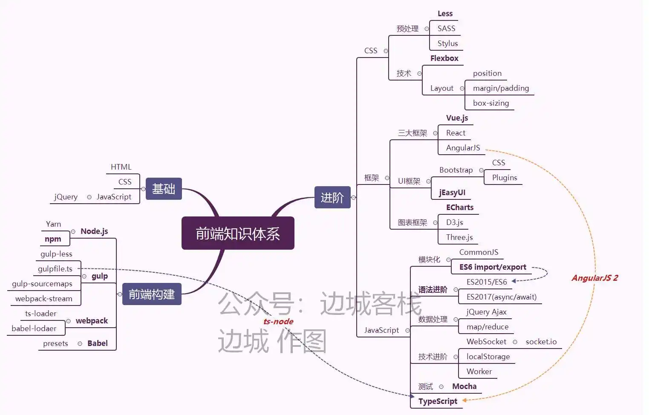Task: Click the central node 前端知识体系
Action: (238, 233)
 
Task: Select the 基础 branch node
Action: (164, 189)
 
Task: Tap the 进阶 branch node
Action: (332, 197)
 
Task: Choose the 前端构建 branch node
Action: (152, 294)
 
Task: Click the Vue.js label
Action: (457, 118)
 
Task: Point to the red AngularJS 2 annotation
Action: (594, 278)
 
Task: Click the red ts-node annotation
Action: (278, 321)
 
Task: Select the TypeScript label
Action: (438, 401)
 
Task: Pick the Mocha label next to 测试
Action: (464, 386)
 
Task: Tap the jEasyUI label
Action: (452, 193)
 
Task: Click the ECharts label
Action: (460, 207)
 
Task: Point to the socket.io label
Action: (541, 342)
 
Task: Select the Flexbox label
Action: (444, 58)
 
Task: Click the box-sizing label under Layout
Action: (491, 103)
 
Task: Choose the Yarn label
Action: (53, 224)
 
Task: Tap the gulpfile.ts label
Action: (55, 269)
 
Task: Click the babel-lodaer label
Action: (34, 329)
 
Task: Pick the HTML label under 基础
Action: (121, 167)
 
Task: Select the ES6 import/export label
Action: (493, 267)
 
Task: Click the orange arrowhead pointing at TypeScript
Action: (465, 400)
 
